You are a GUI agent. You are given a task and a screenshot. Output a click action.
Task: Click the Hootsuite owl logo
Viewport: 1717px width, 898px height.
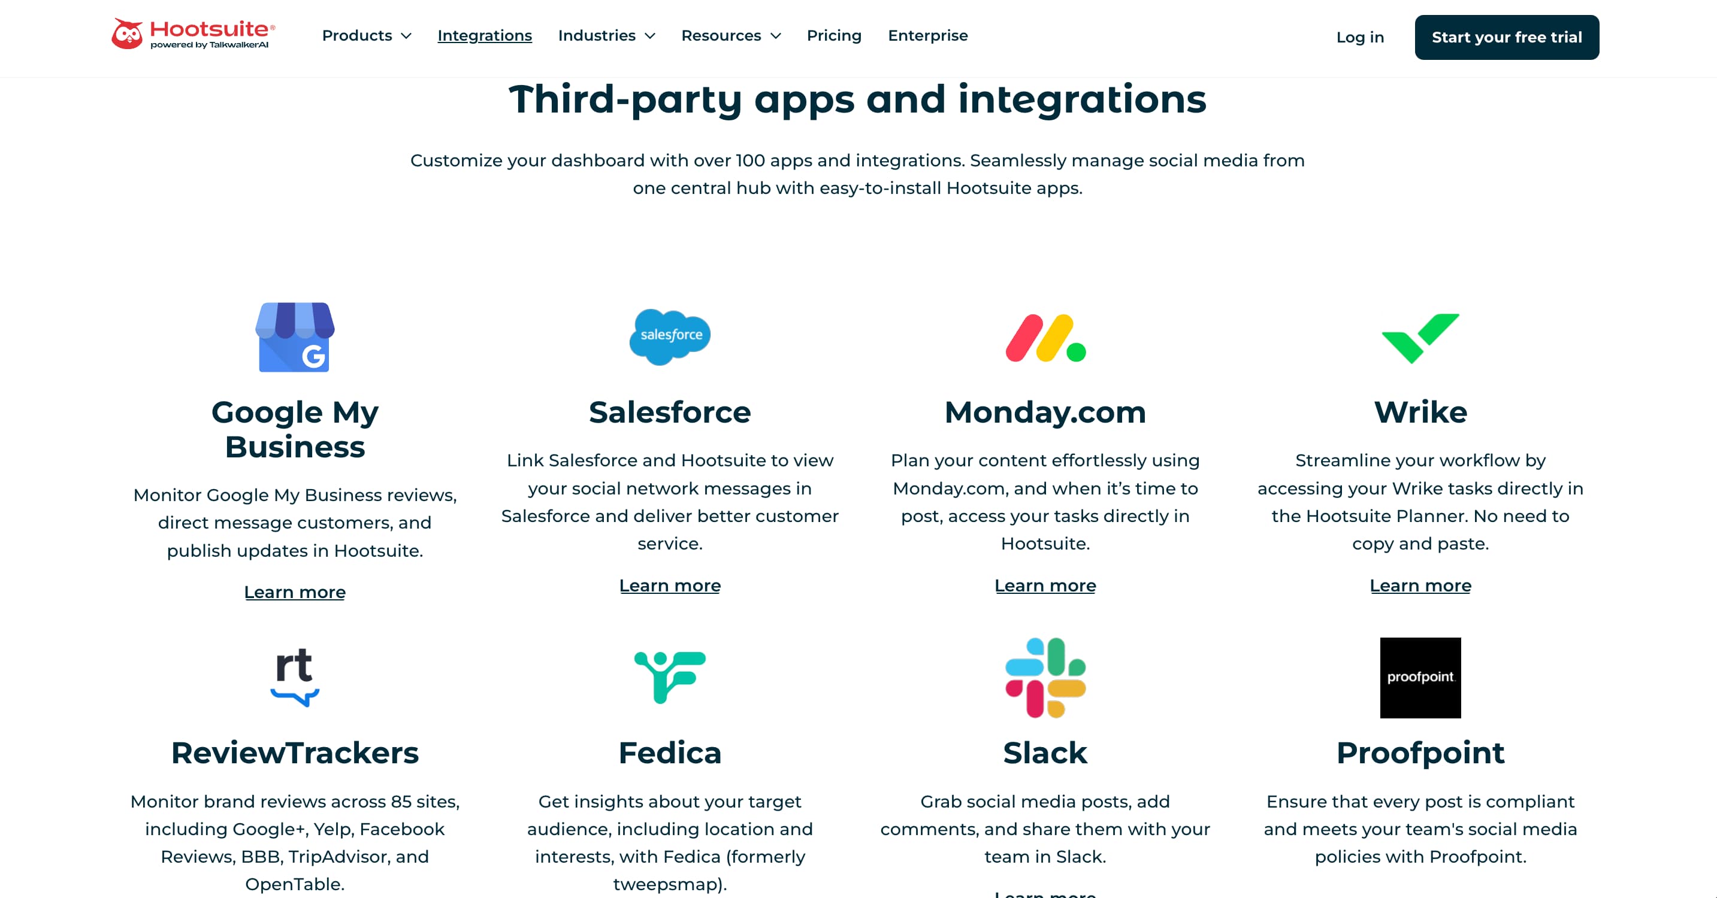coord(126,34)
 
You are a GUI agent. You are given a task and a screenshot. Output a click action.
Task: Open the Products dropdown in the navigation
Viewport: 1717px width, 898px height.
coord(366,36)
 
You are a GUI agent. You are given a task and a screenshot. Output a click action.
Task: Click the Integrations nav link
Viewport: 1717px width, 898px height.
coord(485,36)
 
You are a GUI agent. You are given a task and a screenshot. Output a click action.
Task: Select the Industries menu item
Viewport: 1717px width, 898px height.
coord(606,36)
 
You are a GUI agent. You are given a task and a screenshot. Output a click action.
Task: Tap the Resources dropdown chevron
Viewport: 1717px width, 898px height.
coord(776,37)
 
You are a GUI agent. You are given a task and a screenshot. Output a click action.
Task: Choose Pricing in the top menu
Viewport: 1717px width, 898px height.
coord(834,36)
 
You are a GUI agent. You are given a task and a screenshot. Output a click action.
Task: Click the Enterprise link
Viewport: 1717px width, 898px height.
coord(927,36)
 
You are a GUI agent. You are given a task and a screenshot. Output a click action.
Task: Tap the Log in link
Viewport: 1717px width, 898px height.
coord(1360,37)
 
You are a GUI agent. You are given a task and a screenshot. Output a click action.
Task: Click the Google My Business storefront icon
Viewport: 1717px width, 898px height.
coord(295,337)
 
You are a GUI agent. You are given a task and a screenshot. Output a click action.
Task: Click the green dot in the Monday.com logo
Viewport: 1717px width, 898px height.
coord(1076,352)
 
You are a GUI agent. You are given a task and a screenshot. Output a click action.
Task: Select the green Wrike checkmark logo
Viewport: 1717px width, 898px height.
coord(1420,338)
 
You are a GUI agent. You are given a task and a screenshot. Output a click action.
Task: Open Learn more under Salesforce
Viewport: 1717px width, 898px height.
coord(670,585)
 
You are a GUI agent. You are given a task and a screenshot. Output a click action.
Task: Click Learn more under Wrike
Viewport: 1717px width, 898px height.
coord(1420,585)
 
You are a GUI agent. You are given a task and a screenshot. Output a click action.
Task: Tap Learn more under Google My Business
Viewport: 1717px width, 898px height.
coord(295,592)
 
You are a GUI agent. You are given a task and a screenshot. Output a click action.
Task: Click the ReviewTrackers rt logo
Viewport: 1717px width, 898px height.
coord(295,676)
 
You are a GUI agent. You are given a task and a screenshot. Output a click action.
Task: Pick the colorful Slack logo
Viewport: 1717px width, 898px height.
coord(1045,678)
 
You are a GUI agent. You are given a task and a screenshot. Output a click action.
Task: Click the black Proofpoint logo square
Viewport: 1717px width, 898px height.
coord(1420,678)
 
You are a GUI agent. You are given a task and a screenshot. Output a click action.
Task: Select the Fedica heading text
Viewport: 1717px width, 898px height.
coord(670,753)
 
